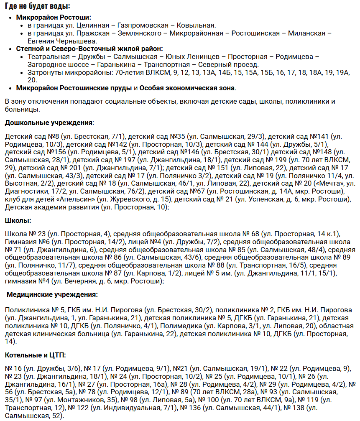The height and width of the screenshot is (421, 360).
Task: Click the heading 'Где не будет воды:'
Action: [38, 6]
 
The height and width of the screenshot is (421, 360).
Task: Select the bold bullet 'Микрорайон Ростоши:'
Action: [54, 18]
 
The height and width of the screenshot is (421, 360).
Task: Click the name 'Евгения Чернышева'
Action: [62, 41]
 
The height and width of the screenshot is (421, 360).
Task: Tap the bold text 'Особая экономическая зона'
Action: [187, 88]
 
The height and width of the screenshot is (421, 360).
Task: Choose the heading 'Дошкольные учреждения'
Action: [49, 122]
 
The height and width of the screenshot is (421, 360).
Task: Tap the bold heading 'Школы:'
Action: [18, 220]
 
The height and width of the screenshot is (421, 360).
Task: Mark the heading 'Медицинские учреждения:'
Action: [53, 295]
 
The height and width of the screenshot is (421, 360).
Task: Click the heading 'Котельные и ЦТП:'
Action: [36, 355]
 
